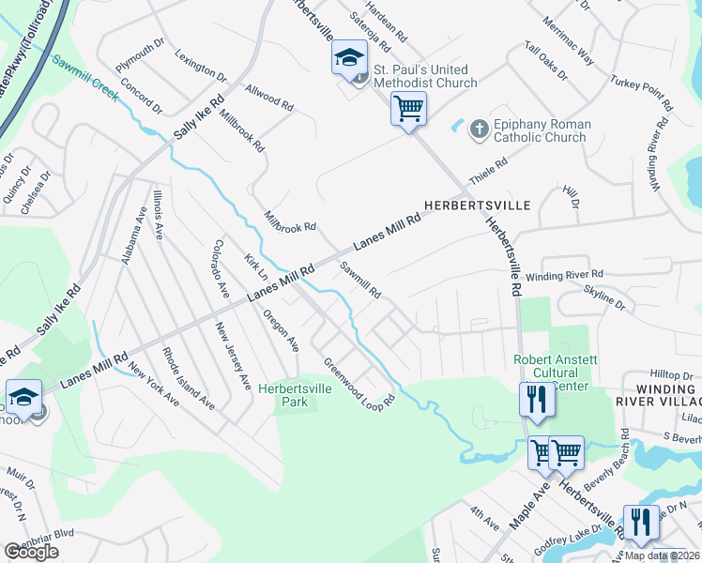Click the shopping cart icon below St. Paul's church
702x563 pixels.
(408, 109)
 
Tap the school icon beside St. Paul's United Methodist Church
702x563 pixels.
(349, 58)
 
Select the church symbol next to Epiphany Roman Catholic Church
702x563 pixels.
(479, 128)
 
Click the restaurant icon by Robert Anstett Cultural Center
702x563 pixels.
(538, 399)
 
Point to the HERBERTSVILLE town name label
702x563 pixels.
(477, 205)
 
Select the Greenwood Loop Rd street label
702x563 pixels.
(360, 380)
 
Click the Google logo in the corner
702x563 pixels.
(31, 551)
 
